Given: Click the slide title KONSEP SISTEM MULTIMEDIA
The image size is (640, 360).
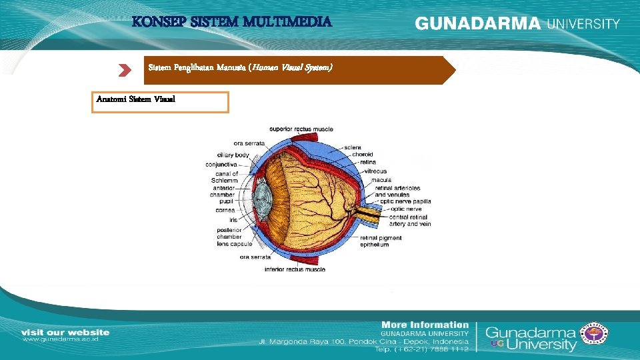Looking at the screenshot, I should [x=232, y=22].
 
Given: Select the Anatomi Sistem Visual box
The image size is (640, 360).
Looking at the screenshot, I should [x=160, y=102].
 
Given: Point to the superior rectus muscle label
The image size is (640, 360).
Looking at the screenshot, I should [x=301, y=129].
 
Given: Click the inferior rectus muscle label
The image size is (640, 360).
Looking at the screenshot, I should [x=295, y=269].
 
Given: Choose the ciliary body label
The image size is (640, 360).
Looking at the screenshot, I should [x=234, y=155].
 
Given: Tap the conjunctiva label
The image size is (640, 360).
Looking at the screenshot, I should [x=222, y=164].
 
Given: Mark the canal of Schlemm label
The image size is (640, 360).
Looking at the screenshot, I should [x=226, y=177].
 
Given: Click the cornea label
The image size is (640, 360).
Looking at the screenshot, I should [x=225, y=209].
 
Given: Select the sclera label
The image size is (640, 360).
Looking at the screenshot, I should [x=353, y=147].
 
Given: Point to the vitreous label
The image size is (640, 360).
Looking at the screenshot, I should [x=375, y=171].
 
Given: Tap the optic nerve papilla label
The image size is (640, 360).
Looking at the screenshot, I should [x=405, y=201].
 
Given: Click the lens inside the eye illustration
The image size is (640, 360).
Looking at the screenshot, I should [x=261, y=199].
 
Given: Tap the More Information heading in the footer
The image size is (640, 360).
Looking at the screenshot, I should [x=426, y=324].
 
